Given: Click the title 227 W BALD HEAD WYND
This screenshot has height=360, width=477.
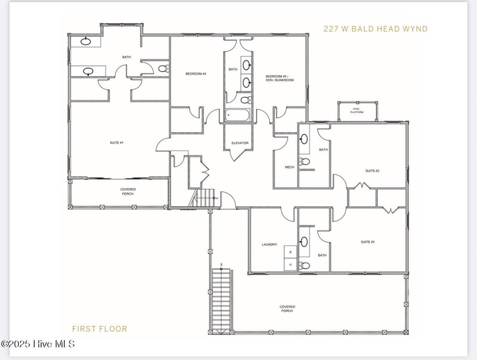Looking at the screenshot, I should point(375,28).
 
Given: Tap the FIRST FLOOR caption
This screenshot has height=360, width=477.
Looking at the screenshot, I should point(99,328).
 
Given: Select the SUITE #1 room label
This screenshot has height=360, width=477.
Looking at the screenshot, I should point(116,143).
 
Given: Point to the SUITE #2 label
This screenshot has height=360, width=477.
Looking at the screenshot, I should point(372,170).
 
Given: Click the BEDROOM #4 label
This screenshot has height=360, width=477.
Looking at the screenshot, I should point(195,74).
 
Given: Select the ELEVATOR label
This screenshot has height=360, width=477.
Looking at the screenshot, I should point(240,143).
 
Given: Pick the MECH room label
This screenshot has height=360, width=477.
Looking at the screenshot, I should point(289,167).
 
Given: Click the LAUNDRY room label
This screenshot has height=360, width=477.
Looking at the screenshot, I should point(269,245).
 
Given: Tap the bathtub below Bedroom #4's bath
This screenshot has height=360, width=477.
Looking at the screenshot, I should point(240,115).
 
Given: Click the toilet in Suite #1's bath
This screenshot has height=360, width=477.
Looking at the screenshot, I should point(162,69).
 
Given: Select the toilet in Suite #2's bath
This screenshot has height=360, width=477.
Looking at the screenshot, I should point(305,162).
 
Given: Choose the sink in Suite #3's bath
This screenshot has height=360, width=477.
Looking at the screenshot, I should point(305,241).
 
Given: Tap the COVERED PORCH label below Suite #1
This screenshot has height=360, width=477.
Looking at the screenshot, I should point(128,191).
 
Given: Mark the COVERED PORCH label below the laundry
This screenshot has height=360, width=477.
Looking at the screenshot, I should point(287,309).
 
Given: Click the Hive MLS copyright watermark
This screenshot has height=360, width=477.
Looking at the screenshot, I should point(37,344).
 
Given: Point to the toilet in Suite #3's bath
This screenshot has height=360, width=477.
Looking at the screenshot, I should point(305,265).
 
